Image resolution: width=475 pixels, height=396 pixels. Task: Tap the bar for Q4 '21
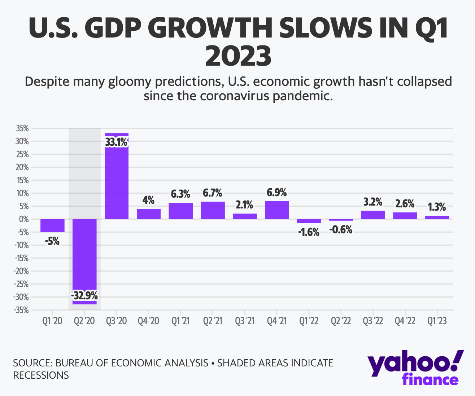pyautogui.click(x=277, y=210)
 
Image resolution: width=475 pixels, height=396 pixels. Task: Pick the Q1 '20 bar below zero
pyautogui.click(x=52, y=225)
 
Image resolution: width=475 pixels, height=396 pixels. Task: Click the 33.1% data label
pyautogui.click(x=116, y=142)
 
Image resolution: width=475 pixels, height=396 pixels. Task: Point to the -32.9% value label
pyautogui.click(x=84, y=296)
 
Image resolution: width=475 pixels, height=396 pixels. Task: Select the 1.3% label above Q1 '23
pyautogui.click(x=437, y=207)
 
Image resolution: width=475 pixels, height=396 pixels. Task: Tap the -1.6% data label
pyautogui.click(x=309, y=232)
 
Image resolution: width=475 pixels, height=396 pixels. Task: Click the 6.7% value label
pyautogui.click(x=212, y=193)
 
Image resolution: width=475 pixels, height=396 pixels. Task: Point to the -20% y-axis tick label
pyautogui.click(x=21, y=271)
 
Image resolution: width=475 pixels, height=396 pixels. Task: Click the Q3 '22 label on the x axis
pyautogui.click(x=372, y=321)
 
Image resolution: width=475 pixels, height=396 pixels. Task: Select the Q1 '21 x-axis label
pyautogui.click(x=180, y=321)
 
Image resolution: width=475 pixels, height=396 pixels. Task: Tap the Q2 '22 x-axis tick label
pyautogui.click(x=341, y=321)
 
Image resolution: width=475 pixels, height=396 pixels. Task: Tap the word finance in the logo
pyautogui.click(x=430, y=380)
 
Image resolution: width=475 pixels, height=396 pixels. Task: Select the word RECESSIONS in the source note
pyautogui.click(x=41, y=375)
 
